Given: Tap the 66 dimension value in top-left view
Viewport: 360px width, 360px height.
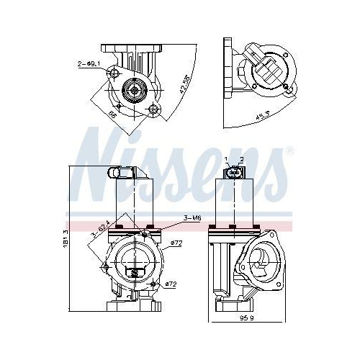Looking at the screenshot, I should [113, 114].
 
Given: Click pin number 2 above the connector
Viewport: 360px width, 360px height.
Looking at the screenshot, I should [242, 158].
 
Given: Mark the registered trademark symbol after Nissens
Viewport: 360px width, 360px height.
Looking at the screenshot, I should [290, 151].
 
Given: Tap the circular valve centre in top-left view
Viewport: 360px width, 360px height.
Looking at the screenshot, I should [134, 90].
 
